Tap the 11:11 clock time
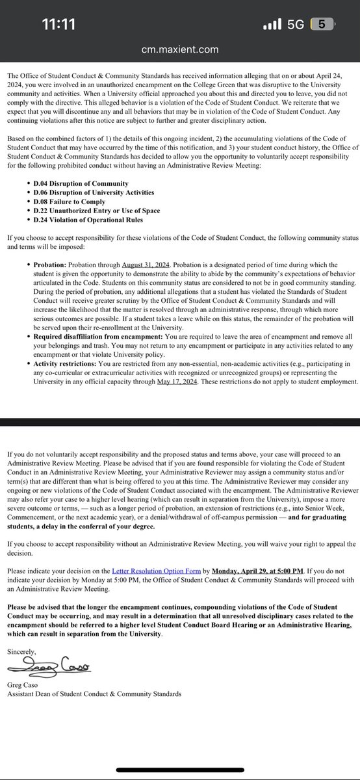[x=58, y=25]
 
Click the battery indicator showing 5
[x=322, y=25]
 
